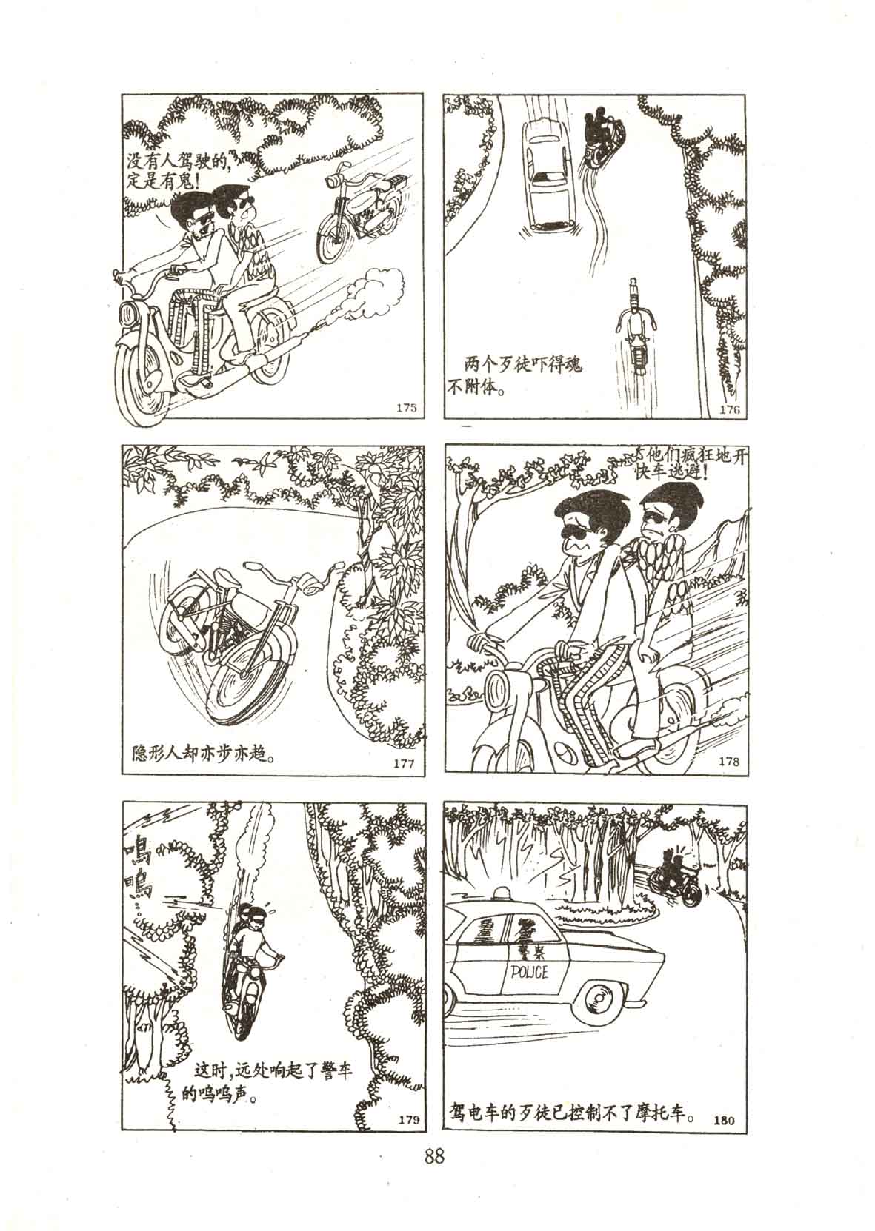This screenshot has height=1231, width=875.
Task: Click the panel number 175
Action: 406,408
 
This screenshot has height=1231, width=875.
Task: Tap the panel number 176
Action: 730,409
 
